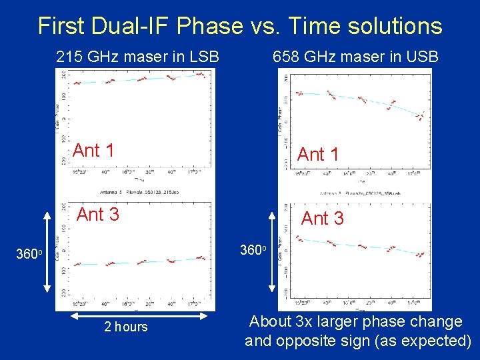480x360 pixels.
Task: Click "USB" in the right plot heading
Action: [x=421, y=57]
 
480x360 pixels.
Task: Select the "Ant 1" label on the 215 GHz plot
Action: [x=93, y=151]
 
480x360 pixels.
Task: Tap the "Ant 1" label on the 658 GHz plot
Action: [x=318, y=155]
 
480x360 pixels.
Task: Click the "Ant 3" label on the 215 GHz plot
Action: [x=98, y=215]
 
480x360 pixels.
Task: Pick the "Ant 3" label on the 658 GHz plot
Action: [x=323, y=219]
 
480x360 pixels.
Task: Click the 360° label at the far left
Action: [x=30, y=254]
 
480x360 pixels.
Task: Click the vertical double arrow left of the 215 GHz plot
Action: [x=47, y=252]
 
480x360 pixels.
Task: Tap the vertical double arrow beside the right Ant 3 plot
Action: [x=272, y=252]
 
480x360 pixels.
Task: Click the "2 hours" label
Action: [x=126, y=327]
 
